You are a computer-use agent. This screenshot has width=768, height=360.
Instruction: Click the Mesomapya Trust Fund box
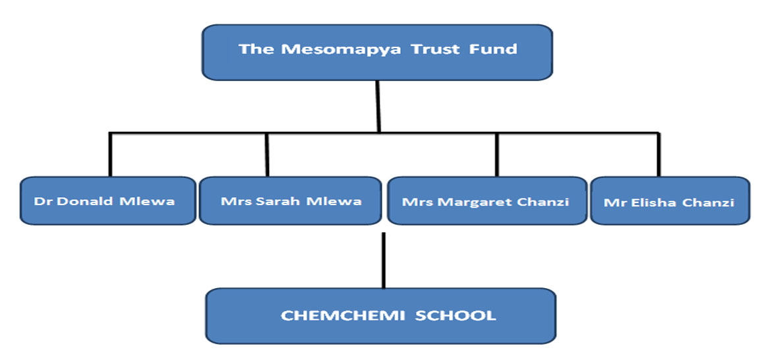(x=377, y=52)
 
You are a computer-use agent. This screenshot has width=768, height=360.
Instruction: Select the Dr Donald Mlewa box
(x=107, y=200)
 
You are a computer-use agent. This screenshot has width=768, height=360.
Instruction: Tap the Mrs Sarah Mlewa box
(x=291, y=200)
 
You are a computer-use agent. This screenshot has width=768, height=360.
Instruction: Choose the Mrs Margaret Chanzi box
(x=486, y=200)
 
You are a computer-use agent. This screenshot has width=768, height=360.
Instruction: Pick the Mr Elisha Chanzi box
(x=669, y=201)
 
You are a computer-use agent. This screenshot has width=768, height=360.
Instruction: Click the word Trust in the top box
(x=436, y=49)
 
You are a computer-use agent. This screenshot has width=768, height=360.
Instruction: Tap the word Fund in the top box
(x=493, y=49)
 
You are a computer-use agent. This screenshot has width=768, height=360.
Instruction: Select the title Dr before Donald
(x=43, y=201)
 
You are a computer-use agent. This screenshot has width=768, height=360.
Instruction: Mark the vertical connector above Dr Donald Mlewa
(x=110, y=155)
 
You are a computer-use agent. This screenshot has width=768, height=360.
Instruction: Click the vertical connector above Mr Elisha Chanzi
(x=659, y=155)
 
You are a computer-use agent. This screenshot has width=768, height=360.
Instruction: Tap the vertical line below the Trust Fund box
(x=378, y=105)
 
